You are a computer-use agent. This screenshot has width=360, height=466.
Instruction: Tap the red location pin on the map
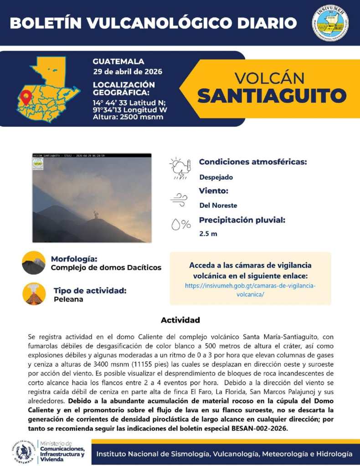(26, 97)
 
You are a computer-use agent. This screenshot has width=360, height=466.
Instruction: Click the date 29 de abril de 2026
(127, 72)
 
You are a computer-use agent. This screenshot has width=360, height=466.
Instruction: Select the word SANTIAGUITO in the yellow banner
(272, 96)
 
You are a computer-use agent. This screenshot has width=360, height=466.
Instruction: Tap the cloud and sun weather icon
(179, 169)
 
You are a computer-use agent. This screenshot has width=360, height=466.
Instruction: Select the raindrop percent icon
(180, 224)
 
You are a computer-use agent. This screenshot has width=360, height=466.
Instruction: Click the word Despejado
(216, 177)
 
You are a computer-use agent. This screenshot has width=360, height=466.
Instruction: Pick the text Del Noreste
(218, 205)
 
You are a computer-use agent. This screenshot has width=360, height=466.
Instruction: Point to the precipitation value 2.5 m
(208, 234)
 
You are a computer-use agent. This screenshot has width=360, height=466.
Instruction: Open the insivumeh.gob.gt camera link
(250, 290)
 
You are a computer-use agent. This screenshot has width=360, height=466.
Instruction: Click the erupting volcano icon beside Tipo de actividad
(34, 294)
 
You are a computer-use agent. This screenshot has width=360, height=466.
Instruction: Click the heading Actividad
(180, 320)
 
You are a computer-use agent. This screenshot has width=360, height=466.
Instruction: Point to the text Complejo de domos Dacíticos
(106, 267)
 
